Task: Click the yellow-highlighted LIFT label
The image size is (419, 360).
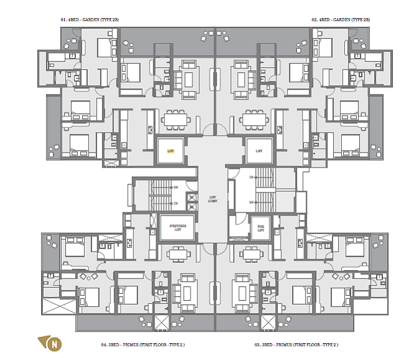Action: (171, 151)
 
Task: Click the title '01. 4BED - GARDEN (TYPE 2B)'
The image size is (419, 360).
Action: (90, 20)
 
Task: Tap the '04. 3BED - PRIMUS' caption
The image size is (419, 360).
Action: (143, 344)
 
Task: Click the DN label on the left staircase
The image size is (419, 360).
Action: (176, 187)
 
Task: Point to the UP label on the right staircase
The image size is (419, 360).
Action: (251, 178)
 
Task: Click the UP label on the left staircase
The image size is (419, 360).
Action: (176, 204)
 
